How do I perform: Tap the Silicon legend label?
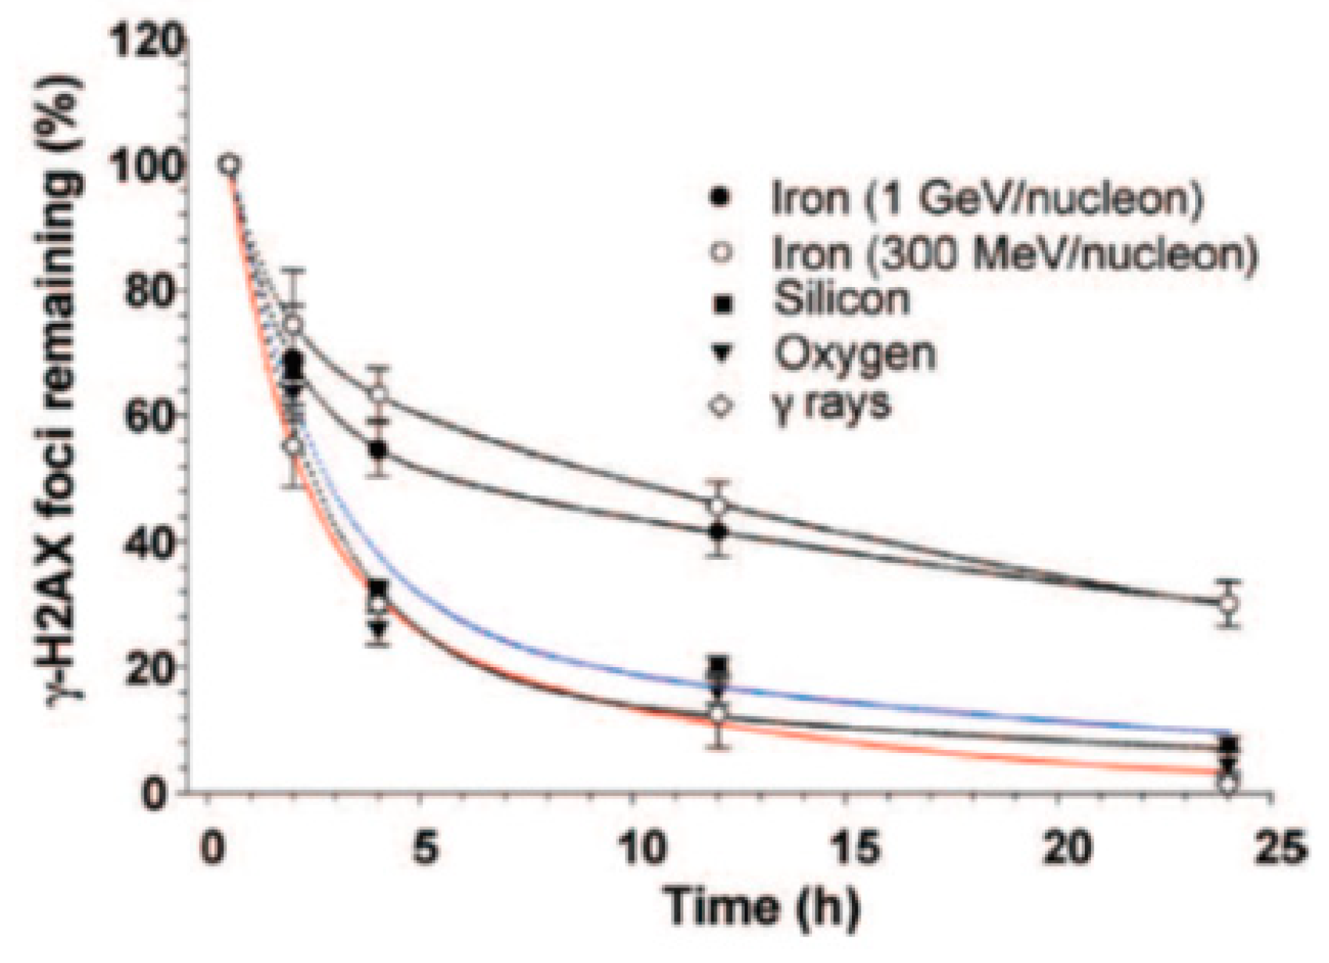tap(841, 299)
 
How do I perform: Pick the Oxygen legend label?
tap(854, 353)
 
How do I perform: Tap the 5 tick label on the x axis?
tap(425, 848)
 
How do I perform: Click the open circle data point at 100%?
tap(230, 165)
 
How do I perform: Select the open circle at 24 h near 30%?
tap(1228, 603)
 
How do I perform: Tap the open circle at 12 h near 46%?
tap(717, 506)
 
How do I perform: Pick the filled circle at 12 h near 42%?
tap(717, 531)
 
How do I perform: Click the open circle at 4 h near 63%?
tap(379, 394)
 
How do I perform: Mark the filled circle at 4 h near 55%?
tap(379, 450)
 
